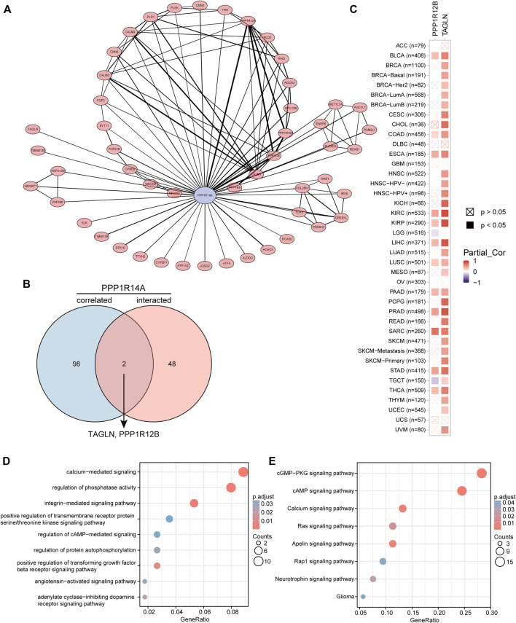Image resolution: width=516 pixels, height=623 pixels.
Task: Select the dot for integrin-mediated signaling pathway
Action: coord(195,504)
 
